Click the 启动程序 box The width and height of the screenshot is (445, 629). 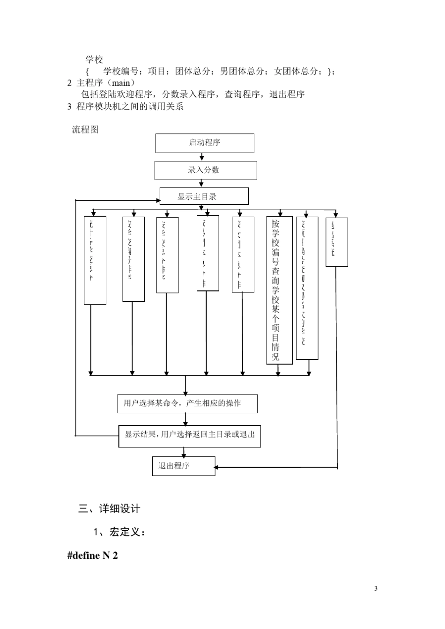coord(205,143)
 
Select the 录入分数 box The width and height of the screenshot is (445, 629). coord(206,170)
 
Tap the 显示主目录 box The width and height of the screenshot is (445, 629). coord(204,197)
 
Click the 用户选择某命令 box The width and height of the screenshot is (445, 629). coord(187,403)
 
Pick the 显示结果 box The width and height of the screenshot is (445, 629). coord(189,436)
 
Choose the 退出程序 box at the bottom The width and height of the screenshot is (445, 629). coord(183,466)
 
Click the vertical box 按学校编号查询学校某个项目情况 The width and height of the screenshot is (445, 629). coord(279,290)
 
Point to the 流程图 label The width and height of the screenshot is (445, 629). coord(85,130)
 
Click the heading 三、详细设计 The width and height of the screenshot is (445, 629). coord(109,508)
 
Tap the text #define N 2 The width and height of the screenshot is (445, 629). coord(93,556)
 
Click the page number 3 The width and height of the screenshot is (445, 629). coord(376,588)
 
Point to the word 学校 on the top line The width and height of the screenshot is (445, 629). coord(94,59)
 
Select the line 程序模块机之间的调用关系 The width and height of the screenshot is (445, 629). coord(130,106)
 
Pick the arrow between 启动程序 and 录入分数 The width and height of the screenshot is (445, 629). coord(202,157)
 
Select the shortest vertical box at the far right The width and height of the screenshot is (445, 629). coord(336,242)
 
